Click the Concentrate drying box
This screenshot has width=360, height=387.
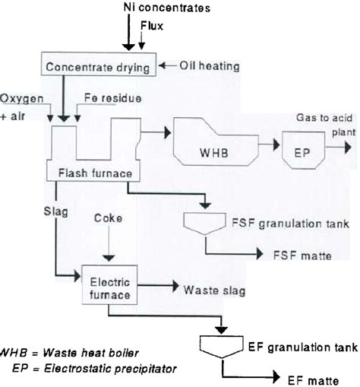[99, 64]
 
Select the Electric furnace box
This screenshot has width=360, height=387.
[109, 284]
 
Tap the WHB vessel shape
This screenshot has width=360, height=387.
[216, 141]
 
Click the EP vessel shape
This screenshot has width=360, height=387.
[303, 150]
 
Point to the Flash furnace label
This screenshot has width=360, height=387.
[95, 173]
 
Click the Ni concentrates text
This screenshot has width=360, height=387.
[167, 8]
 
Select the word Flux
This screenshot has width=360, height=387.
[152, 26]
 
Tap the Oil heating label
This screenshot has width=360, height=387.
[210, 66]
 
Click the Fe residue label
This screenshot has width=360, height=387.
[113, 98]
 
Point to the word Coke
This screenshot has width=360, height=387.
[108, 218]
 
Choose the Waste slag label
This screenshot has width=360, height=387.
[214, 290]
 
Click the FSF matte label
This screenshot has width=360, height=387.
[302, 255]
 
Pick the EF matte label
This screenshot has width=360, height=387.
[313, 381]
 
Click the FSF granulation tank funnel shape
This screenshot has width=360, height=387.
[204, 224]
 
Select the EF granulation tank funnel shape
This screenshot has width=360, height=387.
[222, 346]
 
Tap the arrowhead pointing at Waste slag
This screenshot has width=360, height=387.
[175, 286]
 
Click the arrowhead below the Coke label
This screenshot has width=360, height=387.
[109, 259]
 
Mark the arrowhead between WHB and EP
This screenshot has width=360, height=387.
[276, 144]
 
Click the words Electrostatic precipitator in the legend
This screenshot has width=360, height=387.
[110, 369]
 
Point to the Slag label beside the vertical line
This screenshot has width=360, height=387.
[56, 211]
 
